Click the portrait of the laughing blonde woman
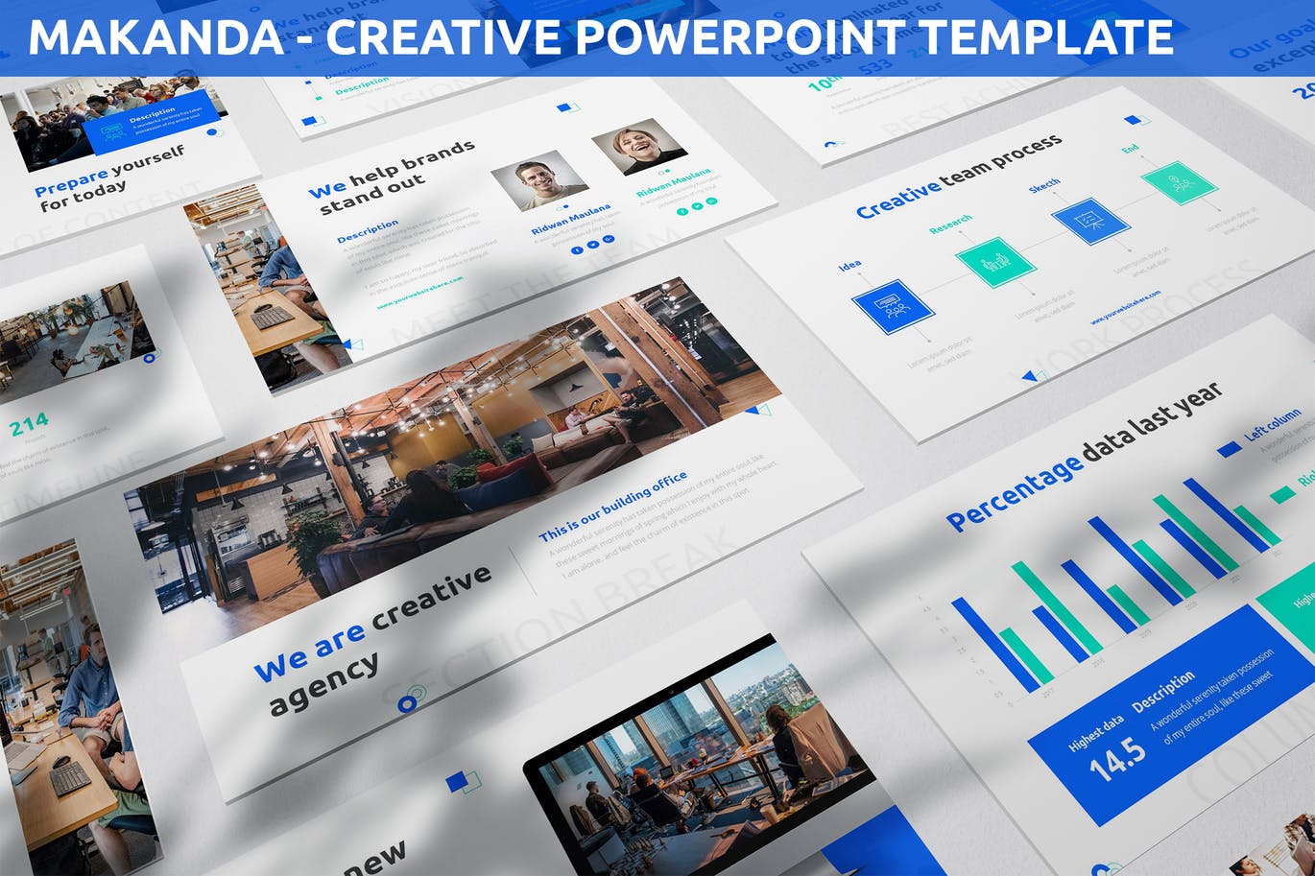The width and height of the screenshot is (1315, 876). pyautogui.click(x=638, y=146)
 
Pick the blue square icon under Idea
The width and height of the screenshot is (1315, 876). pyautogui.click(x=893, y=306)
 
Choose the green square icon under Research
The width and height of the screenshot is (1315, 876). pyautogui.click(x=995, y=262)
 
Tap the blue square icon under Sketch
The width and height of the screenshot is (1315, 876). pyautogui.click(x=1090, y=221)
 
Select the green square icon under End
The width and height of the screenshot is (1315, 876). pyautogui.click(x=1180, y=182)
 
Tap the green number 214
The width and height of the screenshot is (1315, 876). pyautogui.click(x=29, y=424)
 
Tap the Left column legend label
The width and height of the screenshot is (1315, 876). pyautogui.click(x=1273, y=424)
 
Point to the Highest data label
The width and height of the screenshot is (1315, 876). pyautogui.click(x=1095, y=734)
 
